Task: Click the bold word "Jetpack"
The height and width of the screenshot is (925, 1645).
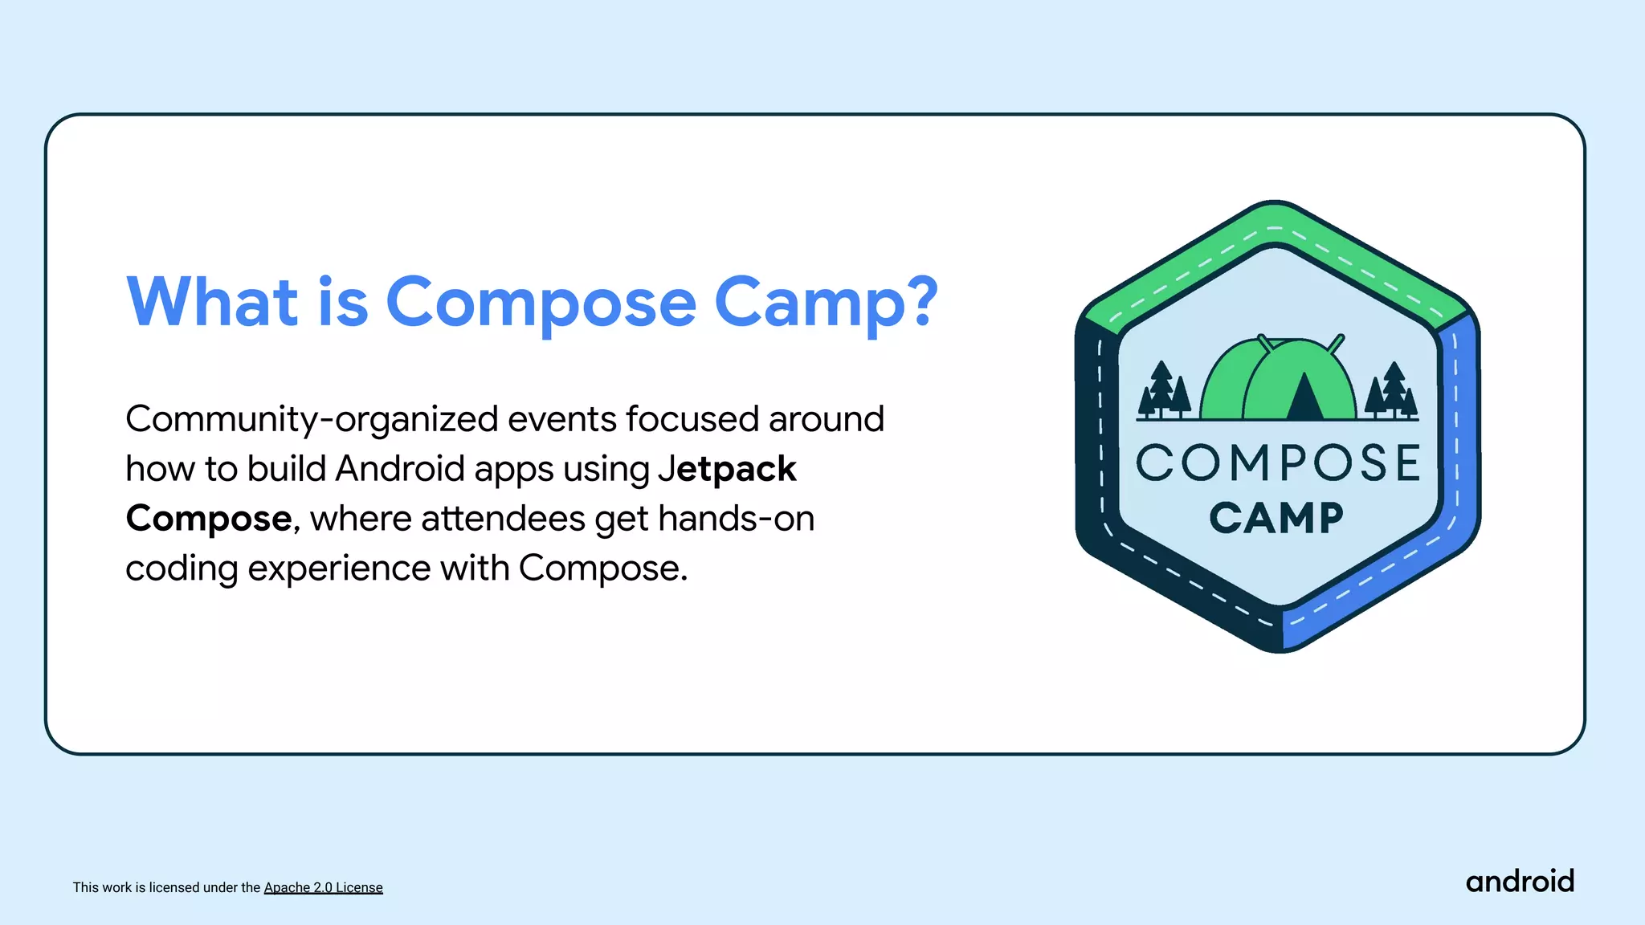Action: [x=727, y=469]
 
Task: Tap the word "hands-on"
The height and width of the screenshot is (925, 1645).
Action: [x=736, y=519]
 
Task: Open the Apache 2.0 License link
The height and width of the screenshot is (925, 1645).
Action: [x=323, y=887]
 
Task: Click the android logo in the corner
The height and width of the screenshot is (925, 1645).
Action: [x=1520, y=882]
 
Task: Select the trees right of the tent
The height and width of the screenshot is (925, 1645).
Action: [x=1393, y=391]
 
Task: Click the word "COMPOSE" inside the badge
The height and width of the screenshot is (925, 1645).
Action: [x=1277, y=463]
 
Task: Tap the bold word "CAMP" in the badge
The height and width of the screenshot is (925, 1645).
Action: [x=1276, y=518]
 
